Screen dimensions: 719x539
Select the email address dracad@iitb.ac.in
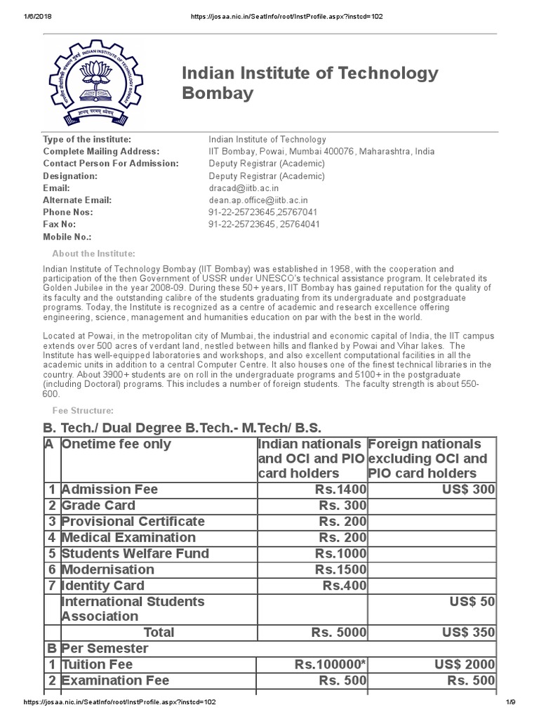244,188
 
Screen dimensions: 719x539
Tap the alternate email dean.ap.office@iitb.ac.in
258,200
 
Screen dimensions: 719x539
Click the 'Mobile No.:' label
67,237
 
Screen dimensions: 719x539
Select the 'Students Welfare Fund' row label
135,553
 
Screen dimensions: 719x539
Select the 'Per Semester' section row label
105,648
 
